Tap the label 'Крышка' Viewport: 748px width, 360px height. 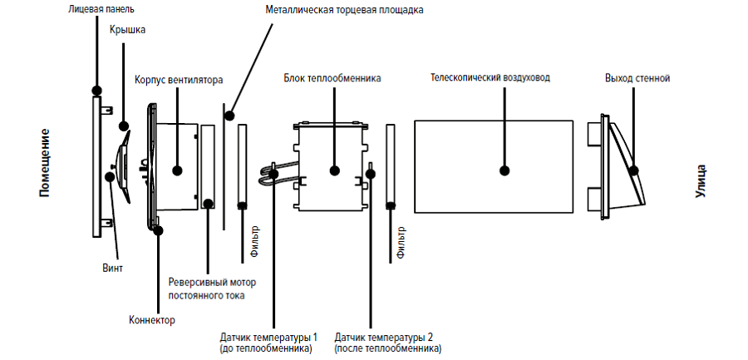[x=127, y=30]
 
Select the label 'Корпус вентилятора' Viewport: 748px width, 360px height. [x=179, y=81]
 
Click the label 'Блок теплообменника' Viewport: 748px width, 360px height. [x=332, y=78]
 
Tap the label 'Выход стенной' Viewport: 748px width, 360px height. [x=637, y=78]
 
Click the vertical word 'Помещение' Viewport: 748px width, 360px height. [x=45, y=162]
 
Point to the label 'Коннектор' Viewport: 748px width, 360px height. [x=152, y=320]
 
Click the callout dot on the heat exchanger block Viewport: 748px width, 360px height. [x=334, y=170]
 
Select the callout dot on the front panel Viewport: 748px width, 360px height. [x=97, y=90]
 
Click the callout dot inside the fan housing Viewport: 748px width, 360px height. [x=178, y=170]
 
